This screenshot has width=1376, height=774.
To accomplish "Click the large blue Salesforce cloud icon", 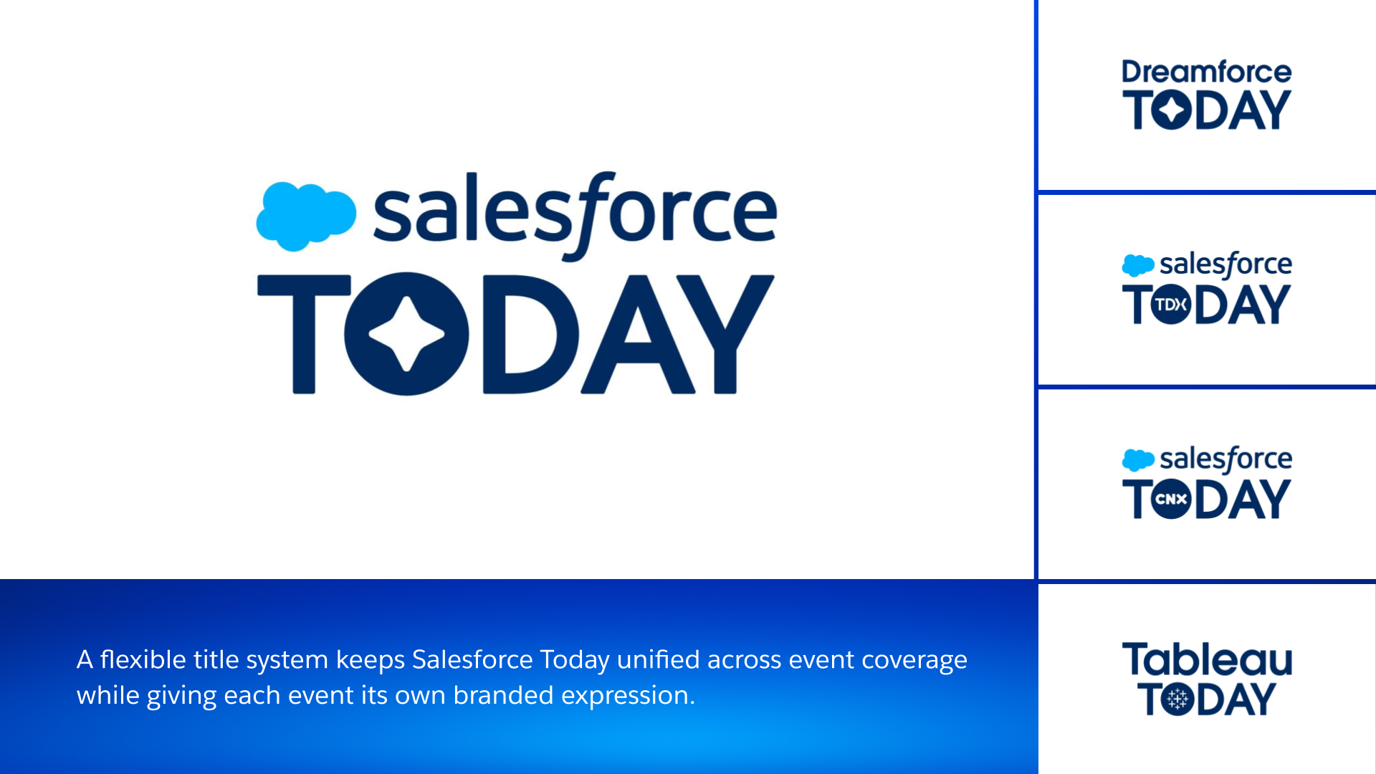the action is (306, 216).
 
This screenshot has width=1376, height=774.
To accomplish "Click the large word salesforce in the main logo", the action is (575, 216).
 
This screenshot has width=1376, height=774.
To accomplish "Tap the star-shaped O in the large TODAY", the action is (406, 334).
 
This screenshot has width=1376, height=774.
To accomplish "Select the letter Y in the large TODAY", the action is (725, 334).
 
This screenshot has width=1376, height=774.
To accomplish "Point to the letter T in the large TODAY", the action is (304, 334).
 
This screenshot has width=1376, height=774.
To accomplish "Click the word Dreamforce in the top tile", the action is (1207, 72).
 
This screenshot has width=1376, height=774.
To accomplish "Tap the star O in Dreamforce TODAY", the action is (1172, 110).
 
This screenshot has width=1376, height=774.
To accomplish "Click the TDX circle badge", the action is (1171, 305).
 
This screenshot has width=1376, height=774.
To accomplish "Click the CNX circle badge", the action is (1171, 499).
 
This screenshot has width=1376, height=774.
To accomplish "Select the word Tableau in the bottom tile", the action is (1207, 659).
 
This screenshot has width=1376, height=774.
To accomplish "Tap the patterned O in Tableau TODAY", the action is (1177, 699).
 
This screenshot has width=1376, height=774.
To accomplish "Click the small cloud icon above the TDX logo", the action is (1138, 265).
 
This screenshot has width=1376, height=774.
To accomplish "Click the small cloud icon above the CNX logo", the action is (1138, 460).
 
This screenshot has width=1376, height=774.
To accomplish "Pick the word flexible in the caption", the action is (143, 659).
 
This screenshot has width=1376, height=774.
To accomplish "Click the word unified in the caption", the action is (658, 659).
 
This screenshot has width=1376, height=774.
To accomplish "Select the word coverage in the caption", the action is (914, 661).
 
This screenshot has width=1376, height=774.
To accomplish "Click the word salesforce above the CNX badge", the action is (1226, 459).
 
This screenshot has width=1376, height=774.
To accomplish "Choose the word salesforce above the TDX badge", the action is (1226, 264).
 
